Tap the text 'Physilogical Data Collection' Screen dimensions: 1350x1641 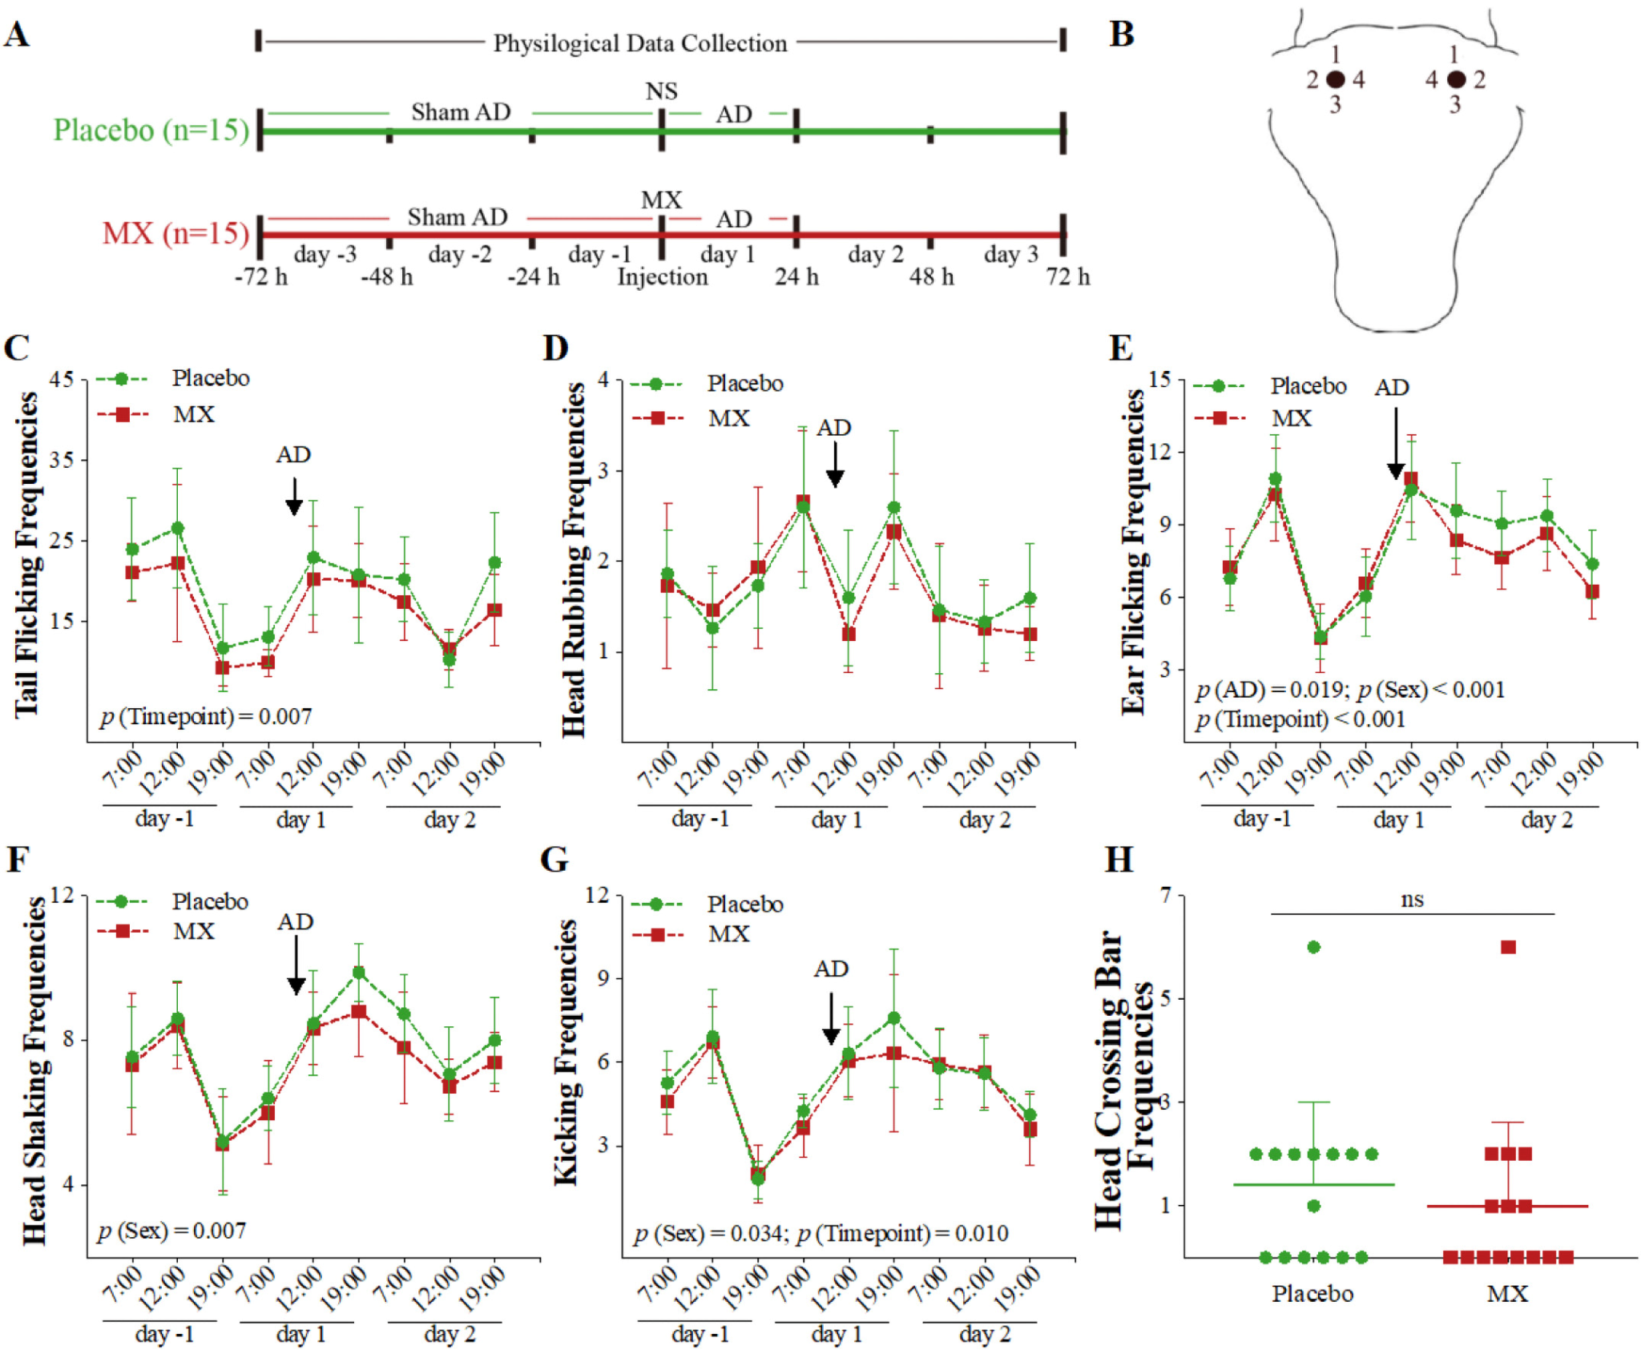(x=639, y=43)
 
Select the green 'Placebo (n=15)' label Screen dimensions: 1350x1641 (x=151, y=130)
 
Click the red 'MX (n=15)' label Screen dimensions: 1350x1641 (x=175, y=233)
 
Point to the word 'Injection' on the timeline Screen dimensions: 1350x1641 (x=662, y=277)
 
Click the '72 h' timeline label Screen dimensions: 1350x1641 (x=1067, y=277)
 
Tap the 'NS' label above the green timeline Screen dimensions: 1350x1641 (x=661, y=91)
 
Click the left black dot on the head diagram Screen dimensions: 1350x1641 (x=1335, y=79)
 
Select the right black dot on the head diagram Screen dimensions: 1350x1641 (x=1456, y=79)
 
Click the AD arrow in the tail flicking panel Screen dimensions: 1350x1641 (x=294, y=497)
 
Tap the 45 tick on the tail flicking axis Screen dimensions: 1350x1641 (x=61, y=379)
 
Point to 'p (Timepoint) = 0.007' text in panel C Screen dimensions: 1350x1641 (x=206, y=716)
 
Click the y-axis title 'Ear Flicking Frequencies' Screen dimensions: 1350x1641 (x=1132, y=551)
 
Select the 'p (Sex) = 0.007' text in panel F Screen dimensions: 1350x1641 (x=172, y=1231)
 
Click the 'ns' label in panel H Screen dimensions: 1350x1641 (x=1412, y=900)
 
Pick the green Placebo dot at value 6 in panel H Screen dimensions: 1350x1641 (x=1313, y=947)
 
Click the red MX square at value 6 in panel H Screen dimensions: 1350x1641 (x=1508, y=947)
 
